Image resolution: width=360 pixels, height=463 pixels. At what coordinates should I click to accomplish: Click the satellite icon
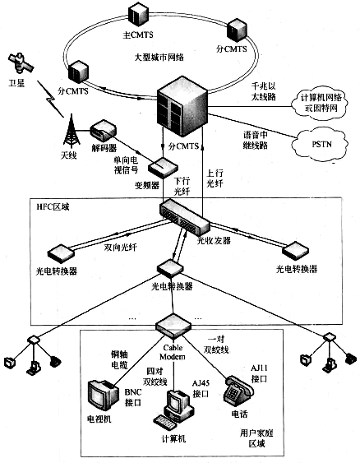(20, 63)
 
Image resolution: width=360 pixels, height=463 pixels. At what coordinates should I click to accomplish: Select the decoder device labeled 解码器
(104, 131)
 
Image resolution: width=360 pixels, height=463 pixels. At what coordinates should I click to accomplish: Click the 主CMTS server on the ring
(138, 14)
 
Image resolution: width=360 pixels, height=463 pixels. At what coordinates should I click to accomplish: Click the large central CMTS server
(182, 107)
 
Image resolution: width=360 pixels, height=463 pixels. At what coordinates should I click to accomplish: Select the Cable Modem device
(173, 326)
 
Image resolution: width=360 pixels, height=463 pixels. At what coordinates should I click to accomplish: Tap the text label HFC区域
(53, 206)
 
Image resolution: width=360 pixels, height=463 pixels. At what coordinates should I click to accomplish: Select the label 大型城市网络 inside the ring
(159, 57)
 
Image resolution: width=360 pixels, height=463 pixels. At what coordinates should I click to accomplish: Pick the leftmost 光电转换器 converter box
(62, 253)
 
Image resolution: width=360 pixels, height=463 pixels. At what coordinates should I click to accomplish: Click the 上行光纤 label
(215, 178)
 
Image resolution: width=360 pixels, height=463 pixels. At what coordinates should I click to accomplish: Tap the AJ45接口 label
(201, 389)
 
